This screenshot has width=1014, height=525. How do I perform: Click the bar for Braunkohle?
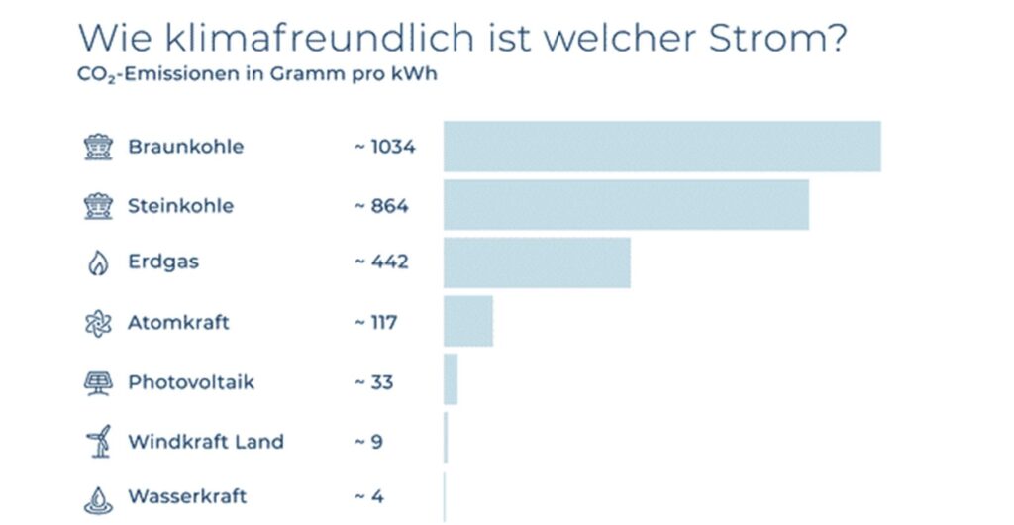tap(661, 147)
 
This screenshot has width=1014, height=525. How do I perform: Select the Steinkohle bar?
tap(626, 205)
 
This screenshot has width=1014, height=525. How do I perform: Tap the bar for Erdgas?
tap(537, 262)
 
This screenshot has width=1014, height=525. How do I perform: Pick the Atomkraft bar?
tap(467, 322)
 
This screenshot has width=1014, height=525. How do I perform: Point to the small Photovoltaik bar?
tap(451, 379)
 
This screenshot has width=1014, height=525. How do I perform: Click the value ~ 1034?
tap(384, 147)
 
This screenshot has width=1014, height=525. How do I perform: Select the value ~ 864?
tap(381, 205)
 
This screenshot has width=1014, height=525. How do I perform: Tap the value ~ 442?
tap(381, 262)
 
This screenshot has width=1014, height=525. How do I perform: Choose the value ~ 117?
tap(376, 322)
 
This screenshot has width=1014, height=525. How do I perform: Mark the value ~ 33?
tap(373, 381)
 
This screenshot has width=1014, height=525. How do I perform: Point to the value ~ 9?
tap(368, 441)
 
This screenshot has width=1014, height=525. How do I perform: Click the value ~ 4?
tap(368, 496)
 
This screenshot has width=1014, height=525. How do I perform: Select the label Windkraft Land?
tap(206, 441)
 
